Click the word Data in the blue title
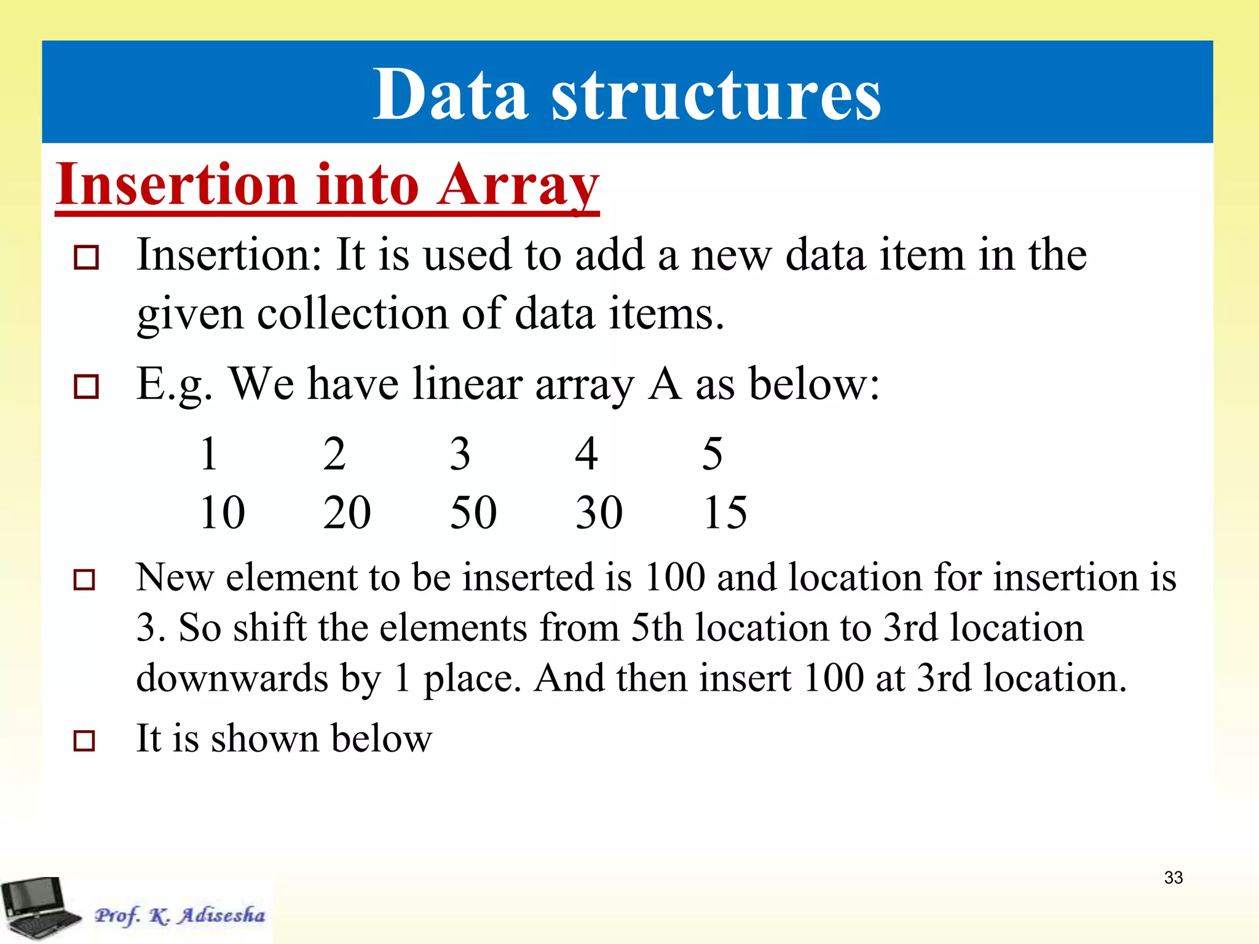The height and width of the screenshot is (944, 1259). coord(451,95)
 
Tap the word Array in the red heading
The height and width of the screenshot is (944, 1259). coord(518,186)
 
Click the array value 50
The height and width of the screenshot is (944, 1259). coord(473,512)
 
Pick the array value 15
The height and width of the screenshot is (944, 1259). coord(725,512)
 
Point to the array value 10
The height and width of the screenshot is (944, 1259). coord(222,512)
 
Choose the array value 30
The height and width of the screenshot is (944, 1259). coord(599,512)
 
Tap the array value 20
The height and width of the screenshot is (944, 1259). coord(347,512)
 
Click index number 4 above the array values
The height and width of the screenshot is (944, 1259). coord(586,454)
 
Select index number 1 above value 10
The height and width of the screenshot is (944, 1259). coord(209,454)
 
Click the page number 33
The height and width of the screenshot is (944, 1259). coord(1173,878)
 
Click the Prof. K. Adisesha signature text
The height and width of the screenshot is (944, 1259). coord(180,915)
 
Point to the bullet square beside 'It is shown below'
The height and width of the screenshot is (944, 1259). coord(84,741)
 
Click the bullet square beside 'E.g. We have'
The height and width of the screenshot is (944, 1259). coord(85,387)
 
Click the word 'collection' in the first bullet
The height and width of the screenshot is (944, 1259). coord(353,314)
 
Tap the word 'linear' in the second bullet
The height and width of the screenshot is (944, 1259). coord(467,384)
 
